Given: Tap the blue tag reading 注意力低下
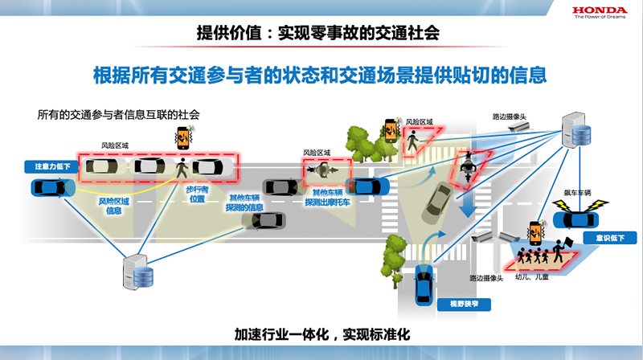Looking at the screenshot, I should click(51, 166).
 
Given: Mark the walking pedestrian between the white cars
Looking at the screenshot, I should click(182, 169).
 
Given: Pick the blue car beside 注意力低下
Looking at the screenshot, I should click(51, 188).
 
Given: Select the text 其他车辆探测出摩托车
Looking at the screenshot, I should click(330, 198).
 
